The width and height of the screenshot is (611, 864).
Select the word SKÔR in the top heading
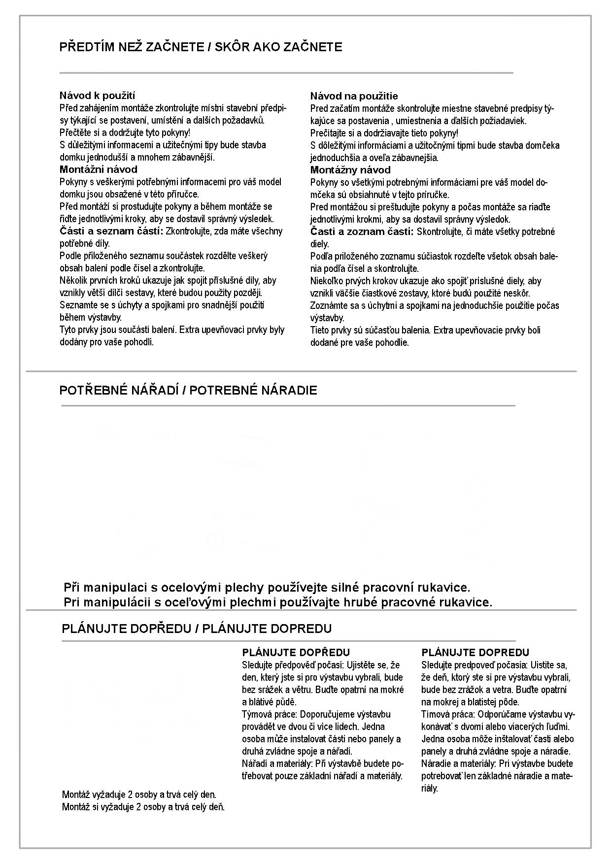click(233, 47)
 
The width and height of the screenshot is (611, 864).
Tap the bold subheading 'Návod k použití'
click(97, 96)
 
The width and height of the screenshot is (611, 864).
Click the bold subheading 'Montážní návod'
click(99, 169)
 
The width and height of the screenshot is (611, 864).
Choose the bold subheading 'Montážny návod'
click(350, 170)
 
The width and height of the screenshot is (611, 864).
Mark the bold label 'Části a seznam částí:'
click(111, 231)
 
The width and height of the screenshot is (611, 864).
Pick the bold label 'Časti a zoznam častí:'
click(362, 232)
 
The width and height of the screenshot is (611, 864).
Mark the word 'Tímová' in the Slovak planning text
click(434, 714)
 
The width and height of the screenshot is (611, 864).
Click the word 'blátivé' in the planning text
click(263, 702)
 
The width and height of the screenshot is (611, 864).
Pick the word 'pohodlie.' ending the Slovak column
click(393, 343)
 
